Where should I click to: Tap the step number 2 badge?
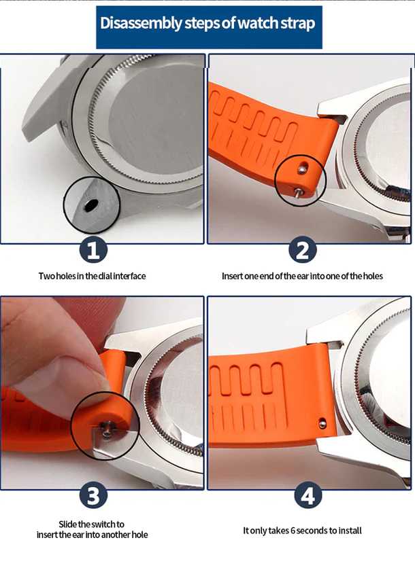302,249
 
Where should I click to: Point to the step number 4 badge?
308,495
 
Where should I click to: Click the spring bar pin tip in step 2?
297,192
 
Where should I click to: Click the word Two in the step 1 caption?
46,277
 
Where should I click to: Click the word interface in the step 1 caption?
129,277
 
